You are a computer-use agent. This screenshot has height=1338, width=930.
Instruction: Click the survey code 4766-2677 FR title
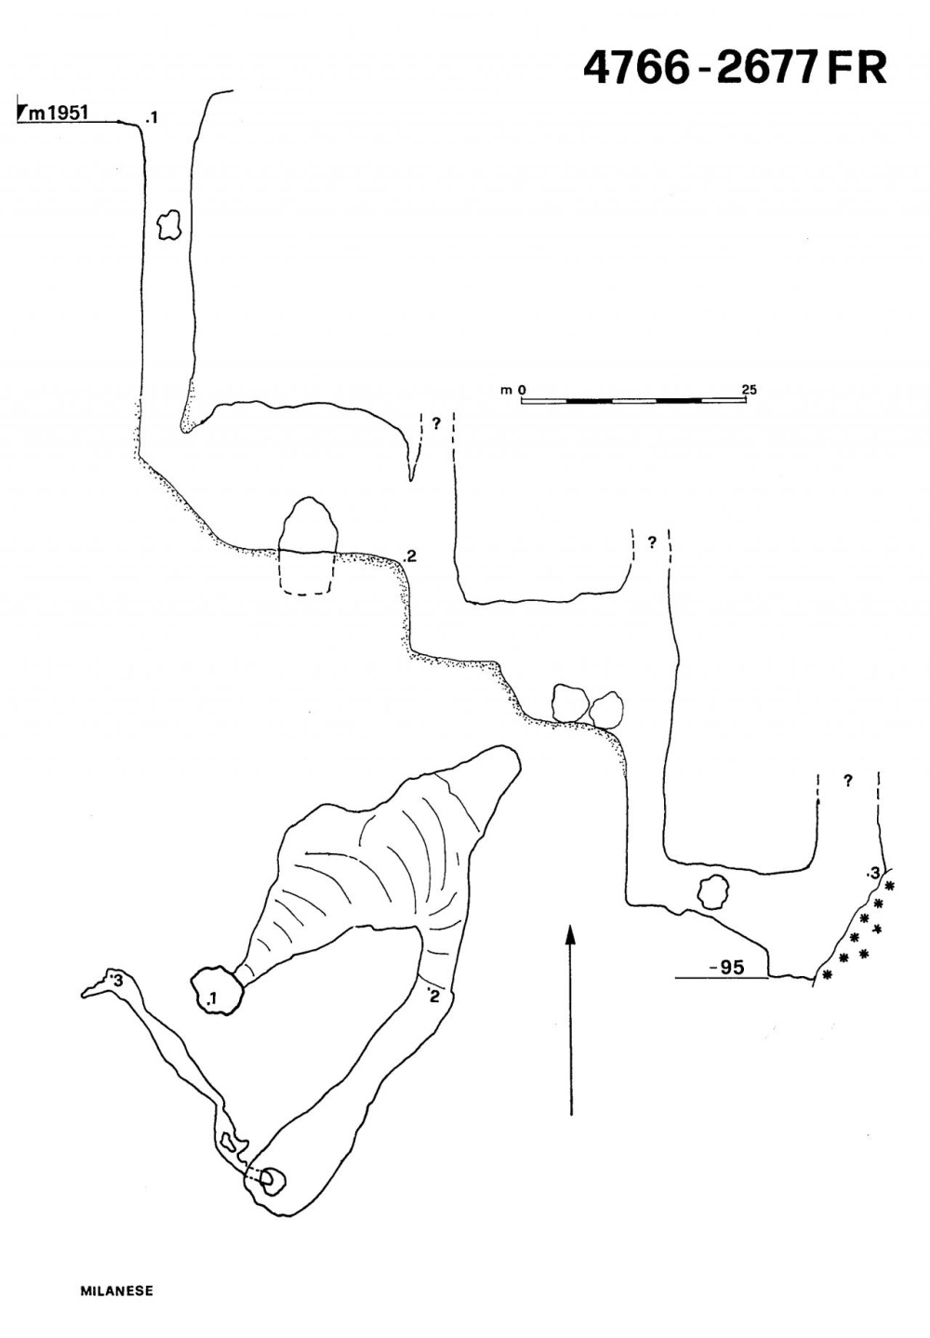click(x=735, y=67)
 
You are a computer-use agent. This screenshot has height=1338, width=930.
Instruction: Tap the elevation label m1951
click(x=58, y=113)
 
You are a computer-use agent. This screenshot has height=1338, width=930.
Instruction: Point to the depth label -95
click(x=726, y=968)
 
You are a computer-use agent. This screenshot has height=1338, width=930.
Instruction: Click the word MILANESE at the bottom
click(x=116, y=1291)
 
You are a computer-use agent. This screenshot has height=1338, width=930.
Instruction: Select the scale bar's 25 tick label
click(x=749, y=389)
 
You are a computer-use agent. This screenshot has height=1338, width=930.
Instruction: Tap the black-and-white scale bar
click(x=633, y=400)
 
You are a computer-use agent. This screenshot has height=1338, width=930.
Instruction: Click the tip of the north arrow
click(x=571, y=927)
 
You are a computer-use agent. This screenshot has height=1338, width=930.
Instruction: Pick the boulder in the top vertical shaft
click(x=167, y=224)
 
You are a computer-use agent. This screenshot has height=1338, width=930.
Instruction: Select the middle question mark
click(x=652, y=542)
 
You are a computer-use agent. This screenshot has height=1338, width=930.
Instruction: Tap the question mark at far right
click(x=847, y=782)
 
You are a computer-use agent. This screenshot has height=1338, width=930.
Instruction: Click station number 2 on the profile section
click(x=411, y=557)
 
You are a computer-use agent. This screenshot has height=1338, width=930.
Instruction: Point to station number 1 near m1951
click(x=153, y=117)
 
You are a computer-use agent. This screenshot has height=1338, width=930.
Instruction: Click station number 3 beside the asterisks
click(x=872, y=873)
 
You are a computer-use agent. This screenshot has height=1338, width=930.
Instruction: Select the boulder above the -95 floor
click(x=712, y=892)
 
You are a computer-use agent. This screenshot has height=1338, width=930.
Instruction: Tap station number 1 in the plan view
click(x=213, y=999)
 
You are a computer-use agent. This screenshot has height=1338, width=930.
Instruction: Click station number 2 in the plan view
click(x=433, y=997)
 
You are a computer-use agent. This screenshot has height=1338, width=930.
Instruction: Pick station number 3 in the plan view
click(x=117, y=980)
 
